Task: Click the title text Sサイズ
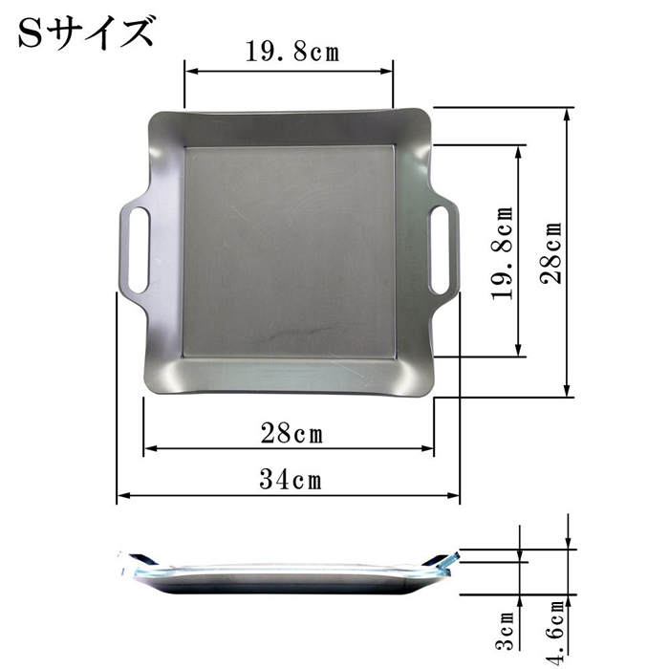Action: (86, 32)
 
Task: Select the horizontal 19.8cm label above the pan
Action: (292, 52)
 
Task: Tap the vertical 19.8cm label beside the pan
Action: (502, 253)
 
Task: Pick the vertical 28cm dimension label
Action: (550, 252)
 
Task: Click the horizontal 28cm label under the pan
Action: (291, 433)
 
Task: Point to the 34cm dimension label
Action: (291, 479)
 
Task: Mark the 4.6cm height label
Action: (557, 633)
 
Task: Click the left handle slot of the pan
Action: (139, 250)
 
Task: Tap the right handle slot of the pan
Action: (440, 249)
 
